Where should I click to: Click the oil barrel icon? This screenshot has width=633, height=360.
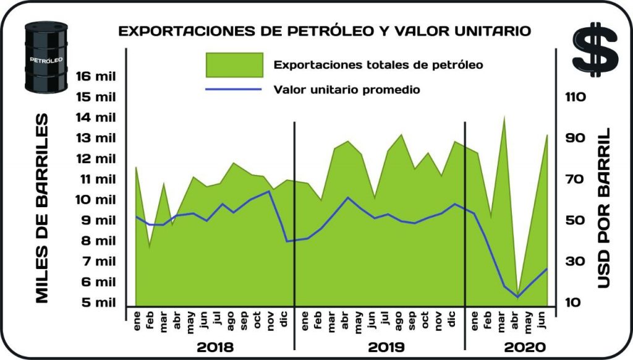coord(45,58)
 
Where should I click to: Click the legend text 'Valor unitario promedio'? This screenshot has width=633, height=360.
coord(347,90)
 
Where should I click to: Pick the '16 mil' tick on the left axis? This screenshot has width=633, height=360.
coord(95,76)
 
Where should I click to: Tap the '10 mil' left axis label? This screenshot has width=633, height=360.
coord(95,199)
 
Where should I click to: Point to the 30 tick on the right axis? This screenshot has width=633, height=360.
coord(576,262)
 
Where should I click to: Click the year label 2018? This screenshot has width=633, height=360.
coord(215,346)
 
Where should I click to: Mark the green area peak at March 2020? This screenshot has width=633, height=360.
coord(504,118)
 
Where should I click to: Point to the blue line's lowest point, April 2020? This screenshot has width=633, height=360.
coord(518,297)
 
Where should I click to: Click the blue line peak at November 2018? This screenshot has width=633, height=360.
coord(270,191)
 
